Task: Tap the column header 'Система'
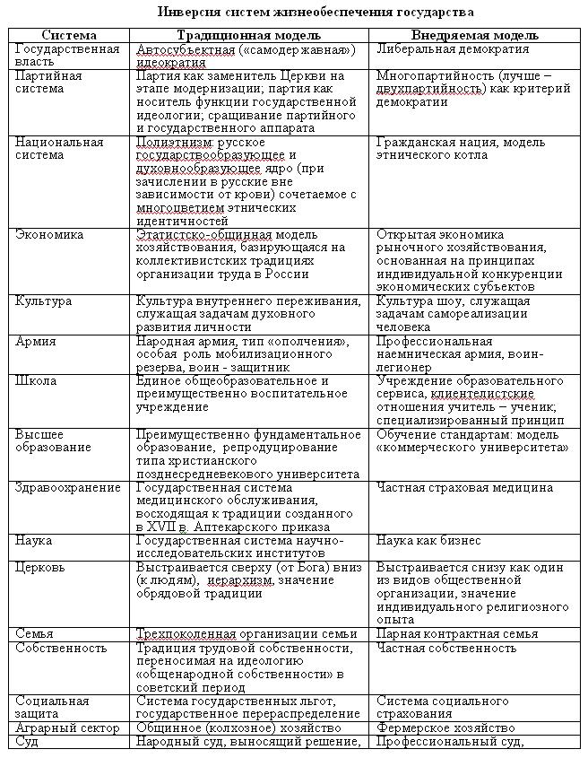tap(70, 35)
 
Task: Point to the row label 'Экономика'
tap(49, 235)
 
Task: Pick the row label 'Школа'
tap(36, 381)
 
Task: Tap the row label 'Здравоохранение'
tap(68, 488)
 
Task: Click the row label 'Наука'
tap(34, 541)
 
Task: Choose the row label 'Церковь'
tap(41, 568)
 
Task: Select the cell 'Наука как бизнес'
tap(428, 541)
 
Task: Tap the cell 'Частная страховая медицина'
tap(464, 488)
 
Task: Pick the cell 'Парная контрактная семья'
tap(457, 633)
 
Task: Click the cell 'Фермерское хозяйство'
tap(445, 728)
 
